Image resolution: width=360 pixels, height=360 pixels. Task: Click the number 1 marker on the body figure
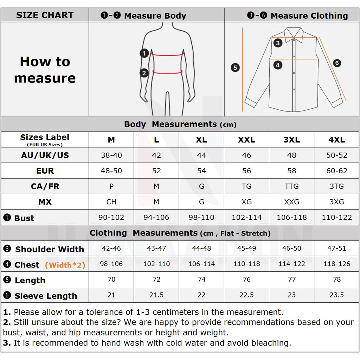(144, 53)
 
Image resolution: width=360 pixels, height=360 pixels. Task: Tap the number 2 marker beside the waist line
(144, 73)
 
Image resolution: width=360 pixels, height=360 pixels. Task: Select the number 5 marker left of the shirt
(235, 67)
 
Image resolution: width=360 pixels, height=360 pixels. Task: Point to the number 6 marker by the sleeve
(336, 63)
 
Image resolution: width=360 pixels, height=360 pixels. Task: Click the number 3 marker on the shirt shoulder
(278, 43)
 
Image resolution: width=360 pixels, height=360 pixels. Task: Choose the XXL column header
(246, 140)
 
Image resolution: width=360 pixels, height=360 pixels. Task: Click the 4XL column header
(336, 140)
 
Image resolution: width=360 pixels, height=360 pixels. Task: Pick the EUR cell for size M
(111, 171)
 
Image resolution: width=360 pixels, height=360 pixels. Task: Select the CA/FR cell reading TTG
(291, 186)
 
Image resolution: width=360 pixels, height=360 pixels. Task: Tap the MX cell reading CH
(111, 202)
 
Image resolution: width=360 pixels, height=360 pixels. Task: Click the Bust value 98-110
(201, 218)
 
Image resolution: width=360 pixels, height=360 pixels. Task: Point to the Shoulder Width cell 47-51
(336, 249)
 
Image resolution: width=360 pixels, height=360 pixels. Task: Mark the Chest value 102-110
(156, 264)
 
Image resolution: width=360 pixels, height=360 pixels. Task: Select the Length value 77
(291, 279)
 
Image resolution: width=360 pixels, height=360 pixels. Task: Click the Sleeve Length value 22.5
(246, 295)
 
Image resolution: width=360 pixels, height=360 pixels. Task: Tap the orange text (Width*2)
(65, 265)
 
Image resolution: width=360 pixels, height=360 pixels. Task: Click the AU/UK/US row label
(45, 155)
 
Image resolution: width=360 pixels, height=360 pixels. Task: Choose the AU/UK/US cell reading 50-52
(336, 155)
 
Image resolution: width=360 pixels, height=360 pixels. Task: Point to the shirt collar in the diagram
(294, 34)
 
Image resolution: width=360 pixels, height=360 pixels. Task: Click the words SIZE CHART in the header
(45, 15)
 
